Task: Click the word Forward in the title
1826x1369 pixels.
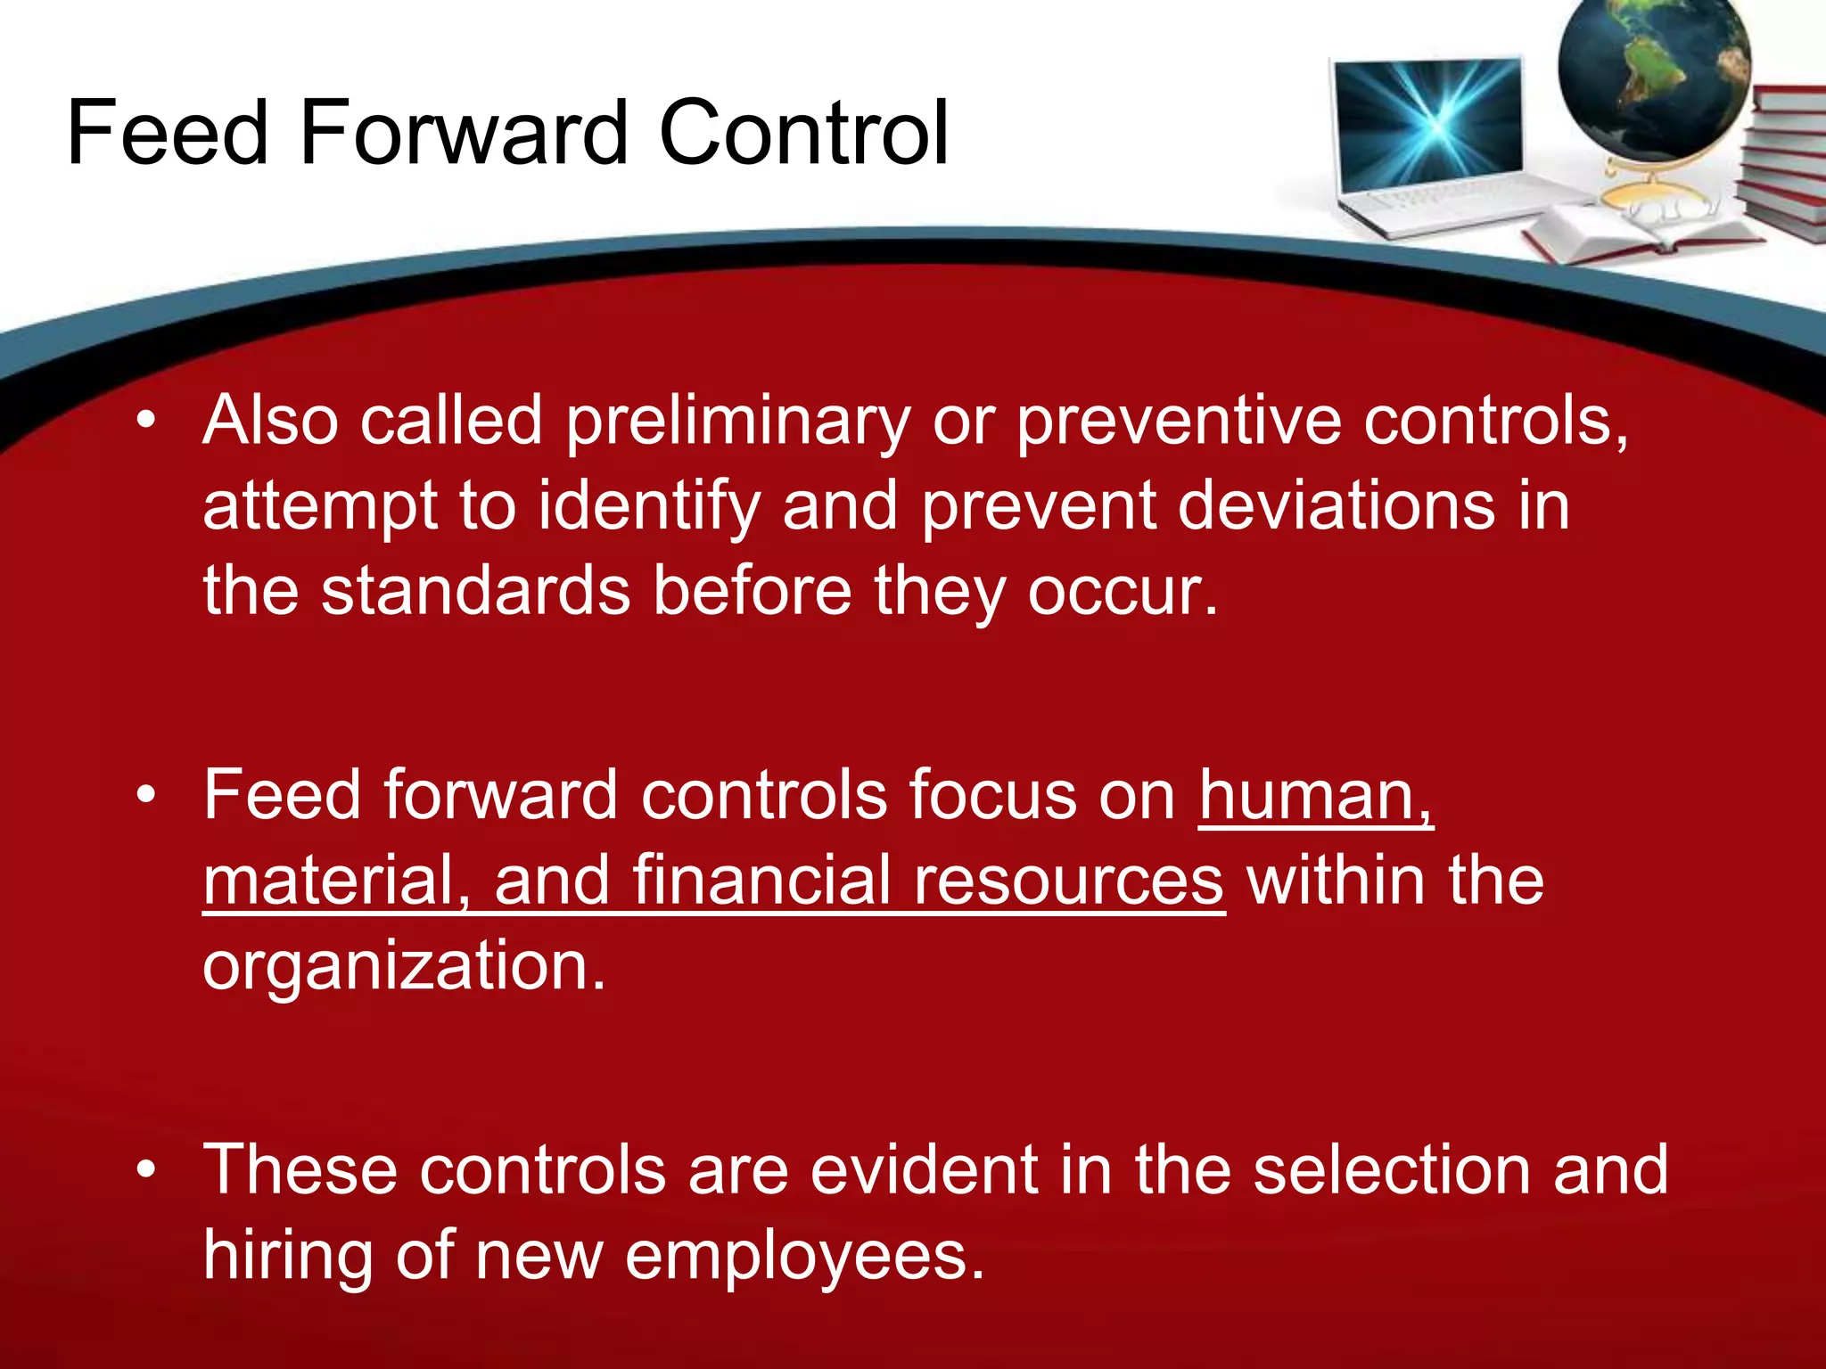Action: pos(464,134)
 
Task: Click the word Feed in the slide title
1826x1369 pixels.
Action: pos(167,134)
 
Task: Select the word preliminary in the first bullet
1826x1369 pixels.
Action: pos(738,422)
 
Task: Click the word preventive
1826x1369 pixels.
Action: pos(1179,422)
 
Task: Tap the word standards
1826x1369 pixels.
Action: pos(475,591)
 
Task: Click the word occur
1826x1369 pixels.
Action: pos(1122,591)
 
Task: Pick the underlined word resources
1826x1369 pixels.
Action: pos(1068,881)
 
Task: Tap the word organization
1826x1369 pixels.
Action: pos(404,966)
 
